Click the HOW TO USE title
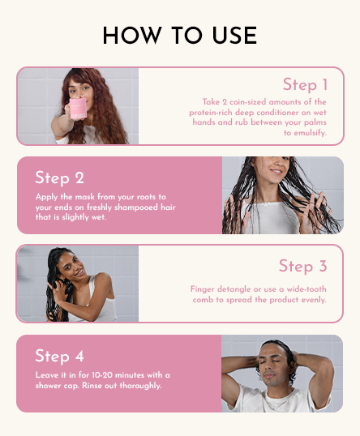180,36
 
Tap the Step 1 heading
305,84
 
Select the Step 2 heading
59,177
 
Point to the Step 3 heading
302,266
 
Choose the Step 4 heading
59,356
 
